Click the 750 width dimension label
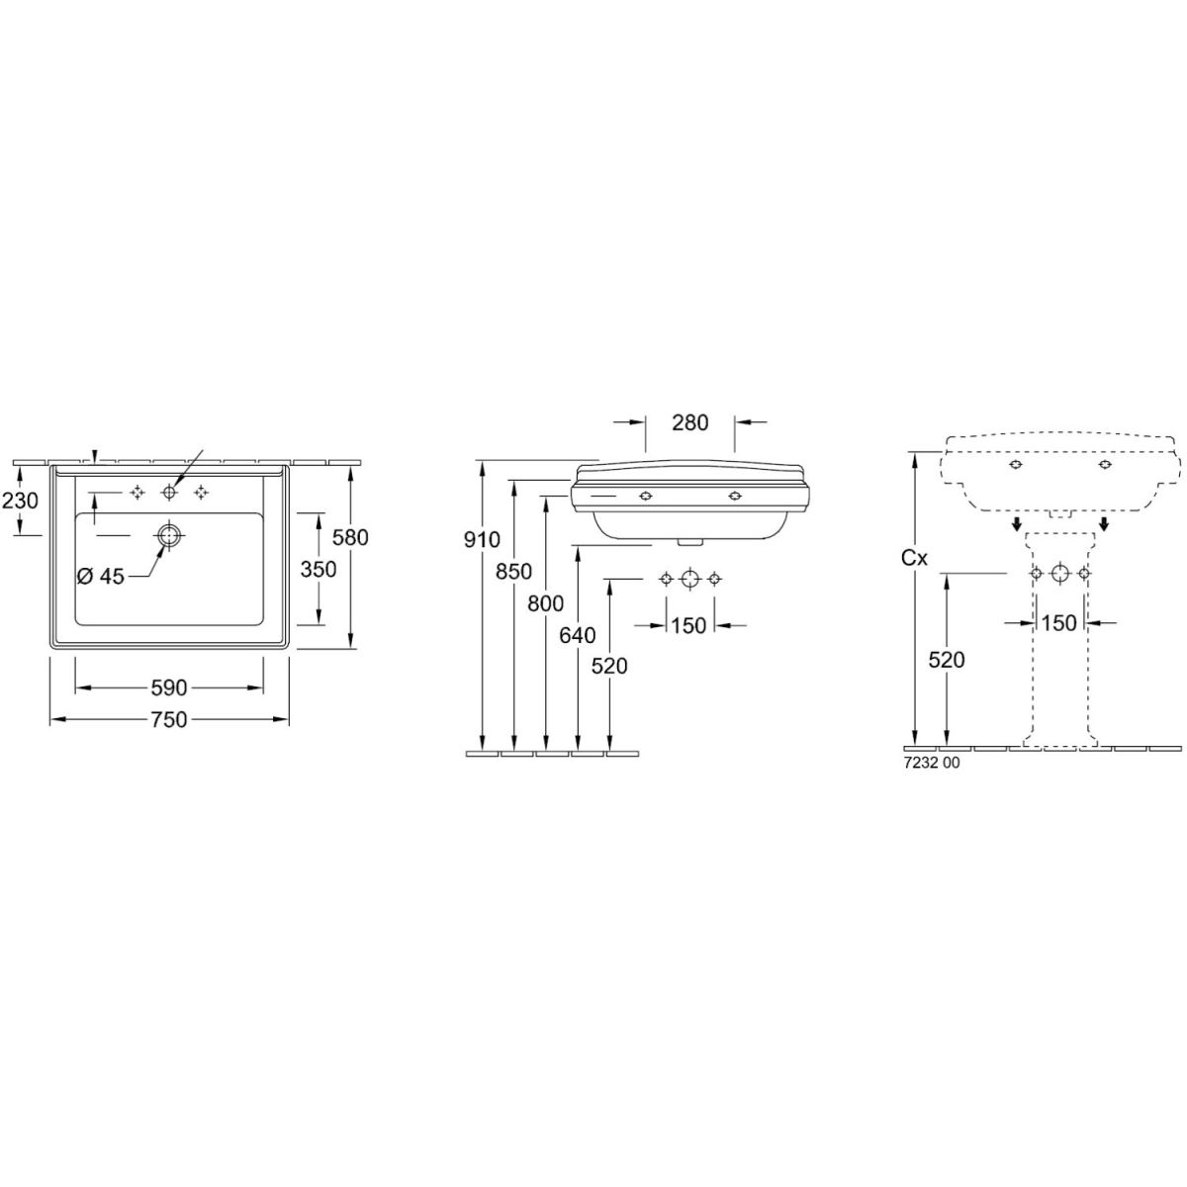point(169,719)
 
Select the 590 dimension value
point(169,687)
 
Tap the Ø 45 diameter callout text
point(101,577)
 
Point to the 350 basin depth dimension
point(319,569)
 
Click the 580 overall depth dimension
point(350,537)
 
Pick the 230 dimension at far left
point(20,501)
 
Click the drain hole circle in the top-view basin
point(167,535)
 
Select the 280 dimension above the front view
point(689,422)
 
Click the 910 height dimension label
point(482,540)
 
